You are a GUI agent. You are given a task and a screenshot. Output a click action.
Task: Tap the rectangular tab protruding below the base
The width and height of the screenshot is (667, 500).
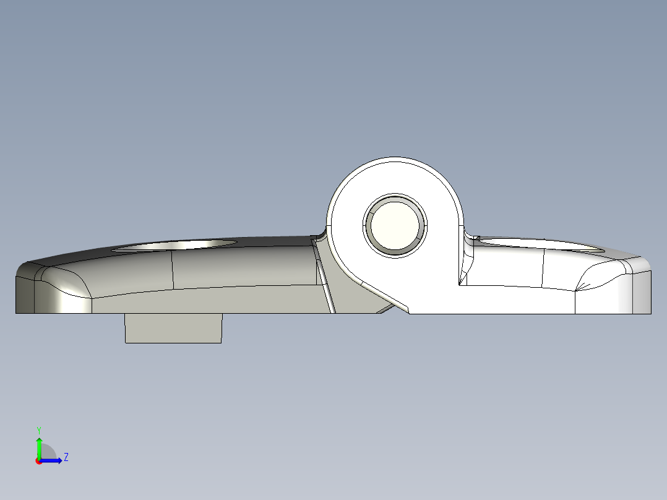coord(173,328)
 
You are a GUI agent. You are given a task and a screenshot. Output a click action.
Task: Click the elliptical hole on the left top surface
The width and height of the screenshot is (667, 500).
coord(174,246)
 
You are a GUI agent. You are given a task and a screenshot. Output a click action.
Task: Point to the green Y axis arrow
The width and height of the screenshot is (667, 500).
coord(39,446)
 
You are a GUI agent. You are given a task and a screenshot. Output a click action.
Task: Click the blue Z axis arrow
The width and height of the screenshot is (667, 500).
coord(53,460)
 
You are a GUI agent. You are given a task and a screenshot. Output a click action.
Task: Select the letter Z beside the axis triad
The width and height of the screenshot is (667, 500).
coord(66,457)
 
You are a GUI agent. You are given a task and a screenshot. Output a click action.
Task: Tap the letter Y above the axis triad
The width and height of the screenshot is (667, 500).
coord(39,429)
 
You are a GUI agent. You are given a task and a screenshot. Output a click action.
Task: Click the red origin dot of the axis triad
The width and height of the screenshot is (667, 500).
coord(38,461)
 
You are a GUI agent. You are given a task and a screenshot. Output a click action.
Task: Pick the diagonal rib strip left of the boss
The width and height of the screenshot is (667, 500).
coord(324,278)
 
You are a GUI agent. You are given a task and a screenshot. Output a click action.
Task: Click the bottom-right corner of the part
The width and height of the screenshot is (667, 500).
coord(650,313)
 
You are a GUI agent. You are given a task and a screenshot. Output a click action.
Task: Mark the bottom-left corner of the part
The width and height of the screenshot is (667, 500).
coord(16,312)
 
